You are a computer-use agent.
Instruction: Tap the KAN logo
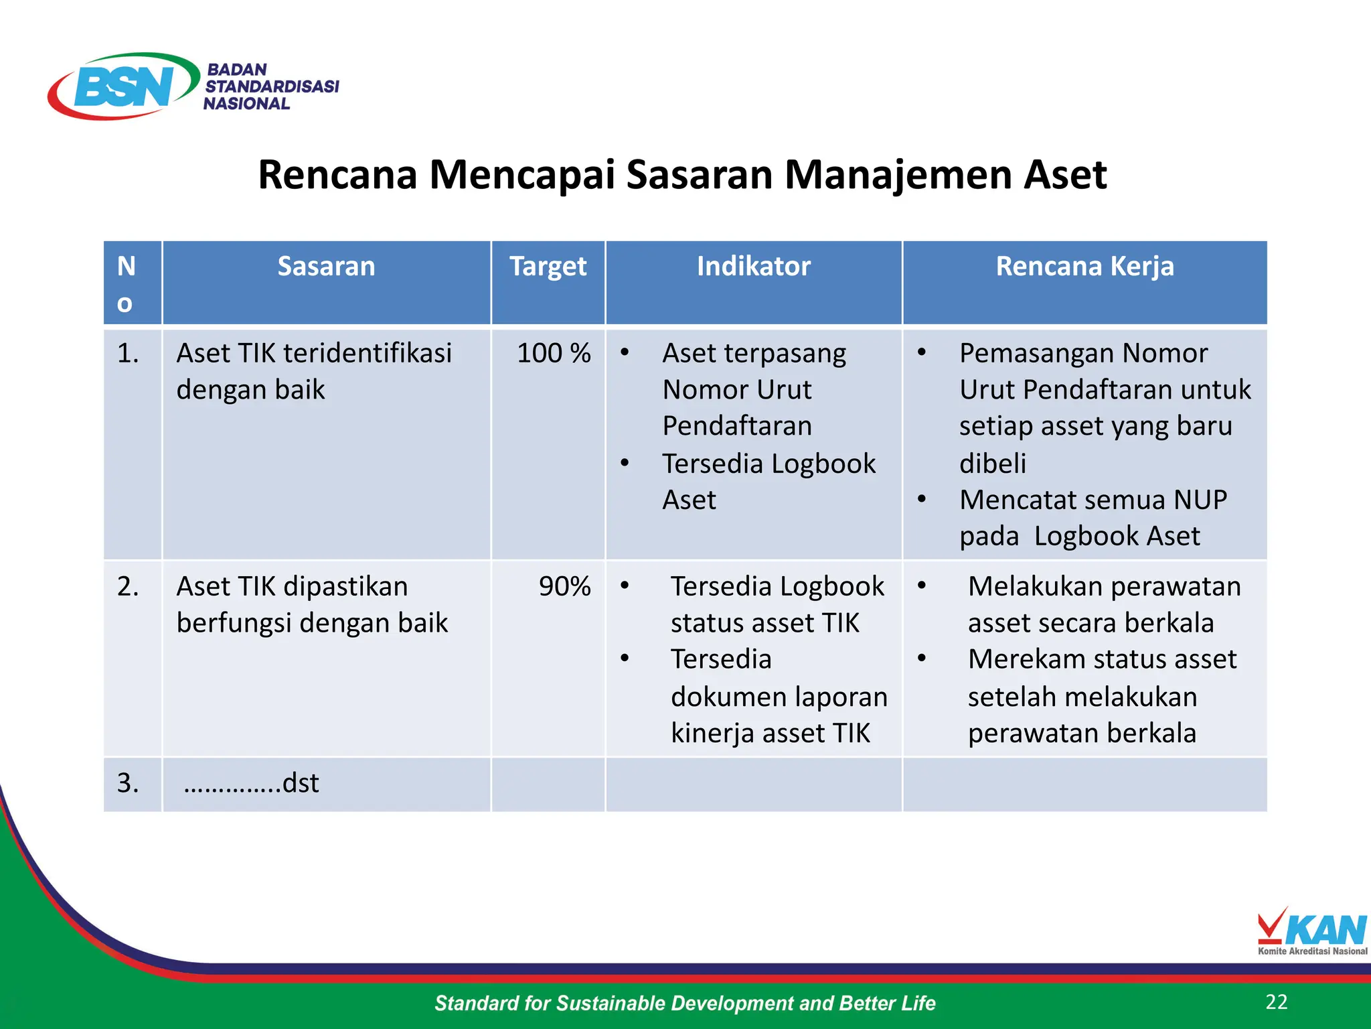coord(1312,931)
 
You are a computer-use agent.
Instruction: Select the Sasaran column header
coord(326,267)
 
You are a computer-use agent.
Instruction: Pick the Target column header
coord(548,267)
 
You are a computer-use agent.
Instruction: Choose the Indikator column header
coord(753,267)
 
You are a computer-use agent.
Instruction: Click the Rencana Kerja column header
coord(1084,267)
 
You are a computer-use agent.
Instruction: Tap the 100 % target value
coord(554,353)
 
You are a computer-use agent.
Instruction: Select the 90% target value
coord(564,587)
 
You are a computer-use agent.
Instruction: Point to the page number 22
coord(1277,1002)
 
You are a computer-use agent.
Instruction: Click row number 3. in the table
coord(128,783)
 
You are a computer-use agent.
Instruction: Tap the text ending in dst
coord(251,783)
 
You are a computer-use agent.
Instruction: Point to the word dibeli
coord(993,464)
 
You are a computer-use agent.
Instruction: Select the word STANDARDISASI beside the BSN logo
coord(272,86)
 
